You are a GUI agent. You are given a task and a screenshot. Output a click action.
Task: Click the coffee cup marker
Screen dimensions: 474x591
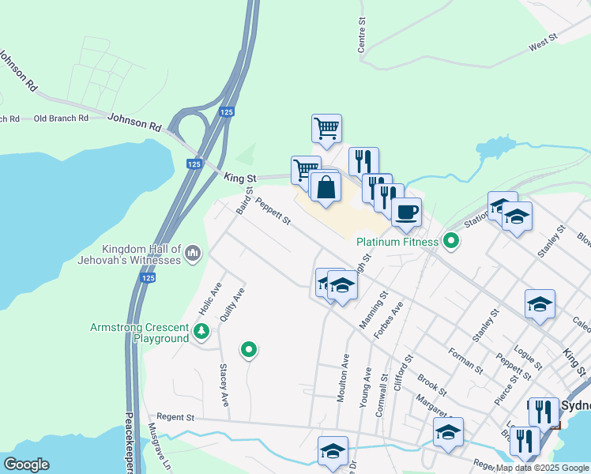coord(406,212)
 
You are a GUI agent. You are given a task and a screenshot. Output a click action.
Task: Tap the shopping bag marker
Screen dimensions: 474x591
coord(326,188)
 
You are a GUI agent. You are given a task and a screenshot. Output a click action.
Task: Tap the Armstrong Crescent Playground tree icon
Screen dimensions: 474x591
coord(201,332)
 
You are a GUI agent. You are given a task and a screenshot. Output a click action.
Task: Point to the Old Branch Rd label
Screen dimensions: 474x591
coord(61,118)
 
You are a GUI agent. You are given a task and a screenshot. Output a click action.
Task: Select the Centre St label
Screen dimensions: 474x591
coord(363,36)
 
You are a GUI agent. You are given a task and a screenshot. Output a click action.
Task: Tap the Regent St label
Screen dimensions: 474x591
coord(175,416)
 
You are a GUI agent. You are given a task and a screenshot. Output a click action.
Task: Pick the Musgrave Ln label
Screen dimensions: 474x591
coord(157,446)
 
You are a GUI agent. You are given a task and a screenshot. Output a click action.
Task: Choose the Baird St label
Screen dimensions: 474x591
coord(245,201)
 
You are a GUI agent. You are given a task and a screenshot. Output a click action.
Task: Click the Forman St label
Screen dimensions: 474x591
coord(465,360)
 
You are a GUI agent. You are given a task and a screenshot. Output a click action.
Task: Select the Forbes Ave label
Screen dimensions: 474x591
coord(389,321)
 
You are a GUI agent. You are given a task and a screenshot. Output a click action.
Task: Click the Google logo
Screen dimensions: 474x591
coord(25,465)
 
